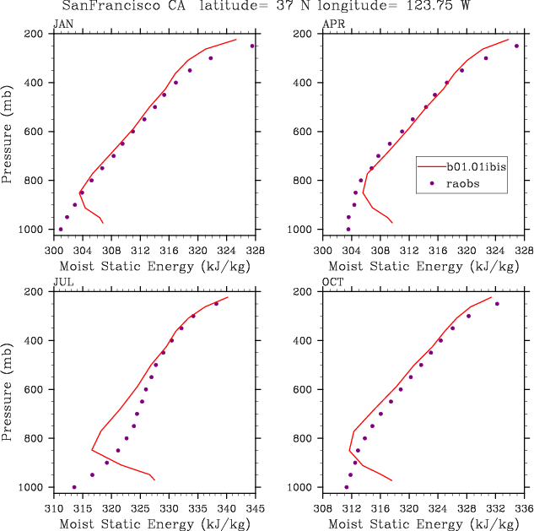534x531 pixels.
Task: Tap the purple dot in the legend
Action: coord(432,182)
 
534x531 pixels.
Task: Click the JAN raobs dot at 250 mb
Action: coord(252,46)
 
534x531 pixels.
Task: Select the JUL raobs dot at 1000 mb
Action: coord(74,487)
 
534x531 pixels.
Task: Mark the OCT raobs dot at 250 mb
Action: coord(497,304)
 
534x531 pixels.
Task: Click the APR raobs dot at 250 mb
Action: coord(517,46)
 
